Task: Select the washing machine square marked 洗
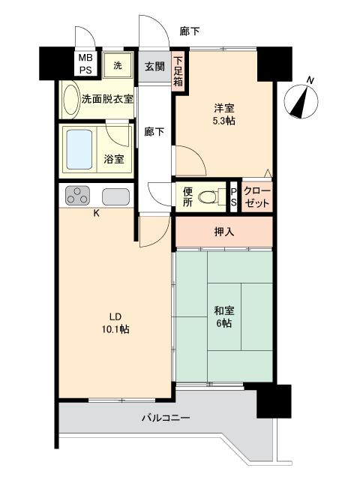[x=118, y=65]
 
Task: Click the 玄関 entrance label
[x=154, y=66]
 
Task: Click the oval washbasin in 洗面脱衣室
[x=70, y=99]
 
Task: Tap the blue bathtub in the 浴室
[x=81, y=149]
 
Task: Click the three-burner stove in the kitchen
[x=77, y=196]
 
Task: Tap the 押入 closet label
[x=224, y=232]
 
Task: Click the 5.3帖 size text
[x=223, y=121]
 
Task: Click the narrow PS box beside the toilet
[x=232, y=196]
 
